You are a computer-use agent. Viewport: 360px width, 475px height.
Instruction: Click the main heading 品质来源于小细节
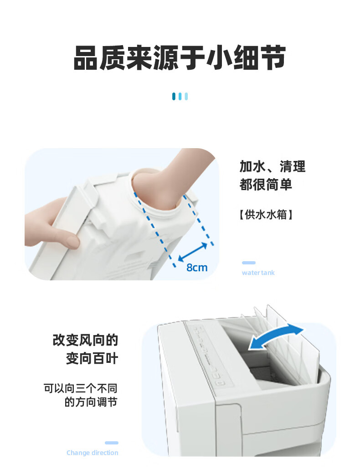(180, 57)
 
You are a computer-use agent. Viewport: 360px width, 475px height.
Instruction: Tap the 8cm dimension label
(197, 268)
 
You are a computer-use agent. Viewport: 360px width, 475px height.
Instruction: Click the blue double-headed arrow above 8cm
(193, 252)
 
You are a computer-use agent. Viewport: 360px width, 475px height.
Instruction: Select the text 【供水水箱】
(266, 214)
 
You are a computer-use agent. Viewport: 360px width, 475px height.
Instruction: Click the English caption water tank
(258, 273)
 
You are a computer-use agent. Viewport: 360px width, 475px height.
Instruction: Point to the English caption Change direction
(93, 453)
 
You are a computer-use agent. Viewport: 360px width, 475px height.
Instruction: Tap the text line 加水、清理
(273, 166)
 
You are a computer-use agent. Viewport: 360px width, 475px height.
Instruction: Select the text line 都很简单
(266, 185)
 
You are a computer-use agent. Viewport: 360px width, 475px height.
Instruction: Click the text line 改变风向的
(85, 340)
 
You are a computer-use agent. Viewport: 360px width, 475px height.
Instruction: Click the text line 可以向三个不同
(81, 388)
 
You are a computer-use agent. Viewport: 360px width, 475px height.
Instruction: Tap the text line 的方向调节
(91, 402)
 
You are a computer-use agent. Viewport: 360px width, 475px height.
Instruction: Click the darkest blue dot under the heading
(174, 96)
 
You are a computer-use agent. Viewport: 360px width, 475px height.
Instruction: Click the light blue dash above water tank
(248, 263)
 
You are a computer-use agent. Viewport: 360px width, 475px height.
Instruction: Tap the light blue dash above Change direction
(112, 443)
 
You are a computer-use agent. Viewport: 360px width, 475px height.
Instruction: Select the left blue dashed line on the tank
(154, 229)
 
